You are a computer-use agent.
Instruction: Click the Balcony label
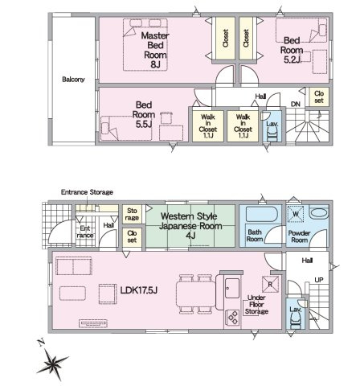pos(73,80)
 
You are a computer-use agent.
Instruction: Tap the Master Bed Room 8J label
pos(155,50)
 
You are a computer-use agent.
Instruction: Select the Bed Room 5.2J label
pos(292,50)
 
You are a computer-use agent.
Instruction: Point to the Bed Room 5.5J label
pos(144,114)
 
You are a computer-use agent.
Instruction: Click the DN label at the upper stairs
pos(296,104)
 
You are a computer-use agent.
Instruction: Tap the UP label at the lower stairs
pos(319,280)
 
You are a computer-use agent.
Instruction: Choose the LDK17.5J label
pos(139,290)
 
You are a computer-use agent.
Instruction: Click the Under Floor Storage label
pos(256,305)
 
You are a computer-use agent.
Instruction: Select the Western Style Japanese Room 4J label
pos(190,226)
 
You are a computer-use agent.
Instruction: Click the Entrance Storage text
pos(87,192)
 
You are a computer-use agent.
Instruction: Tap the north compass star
pos(52,363)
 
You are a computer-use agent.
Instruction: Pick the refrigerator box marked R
pos(270,284)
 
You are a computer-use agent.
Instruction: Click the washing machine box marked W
pos(296,214)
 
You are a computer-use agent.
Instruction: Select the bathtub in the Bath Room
pos(261,214)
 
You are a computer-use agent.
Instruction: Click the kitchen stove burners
pos(232,318)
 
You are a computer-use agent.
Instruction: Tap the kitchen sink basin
pos(232,288)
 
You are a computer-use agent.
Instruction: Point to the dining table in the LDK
pos(196,294)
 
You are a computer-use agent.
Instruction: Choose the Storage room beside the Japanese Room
pos(132,214)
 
